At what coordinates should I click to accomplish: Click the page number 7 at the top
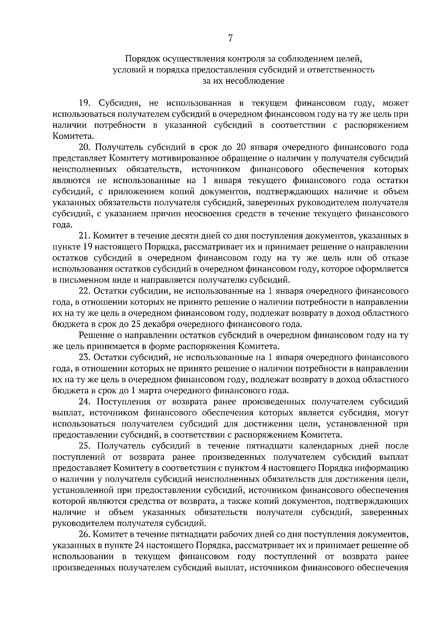230,39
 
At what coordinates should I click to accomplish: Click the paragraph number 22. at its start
85,291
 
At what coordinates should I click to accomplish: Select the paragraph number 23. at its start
85,357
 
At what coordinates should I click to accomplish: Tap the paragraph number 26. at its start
85,534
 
